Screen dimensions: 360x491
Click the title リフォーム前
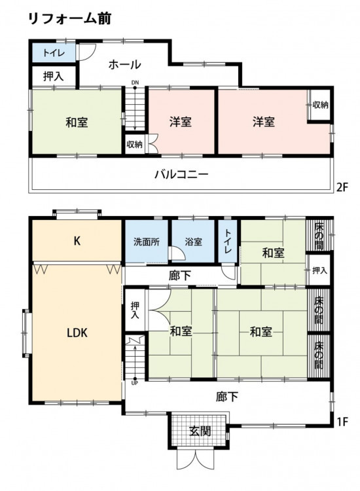pyautogui.click(x=69, y=19)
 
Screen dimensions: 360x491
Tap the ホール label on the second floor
pyautogui.click(x=124, y=65)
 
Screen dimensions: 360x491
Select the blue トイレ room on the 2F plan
pyautogui.click(x=54, y=52)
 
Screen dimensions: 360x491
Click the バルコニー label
pyautogui.click(x=181, y=173)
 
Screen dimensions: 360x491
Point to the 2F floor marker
pyautogui.click(x=342, y=187)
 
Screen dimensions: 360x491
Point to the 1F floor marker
pyautogui.click(x=342, y=422)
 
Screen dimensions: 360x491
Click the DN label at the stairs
pyautogui.click(x=135, y=82)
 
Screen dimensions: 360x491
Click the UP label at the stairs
pyautogui.click(x=135, y=383)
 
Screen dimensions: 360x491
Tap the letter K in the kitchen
pyautogui.click(x=77, y=241)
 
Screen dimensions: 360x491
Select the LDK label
pyautogui.click(x=77, y=333)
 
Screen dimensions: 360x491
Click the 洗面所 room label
pyautogui.click(x=147, y=242)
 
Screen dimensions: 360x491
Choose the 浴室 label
pyautogui.click(x=193, y=242)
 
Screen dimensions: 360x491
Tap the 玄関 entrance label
pyautogui.click(x=200, y=431)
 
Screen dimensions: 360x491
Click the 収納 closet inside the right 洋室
pyautogui.click(x=320, y=105)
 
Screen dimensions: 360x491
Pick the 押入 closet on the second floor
pyautogui.click(x=54, y=76)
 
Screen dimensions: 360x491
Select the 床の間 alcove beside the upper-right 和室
pyautogui.click(x=319, y=235)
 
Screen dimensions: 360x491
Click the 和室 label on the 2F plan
pyautogui.click(x=77, y=122)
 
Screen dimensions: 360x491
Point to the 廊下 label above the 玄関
pyautogui.click(x=227, y=397)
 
